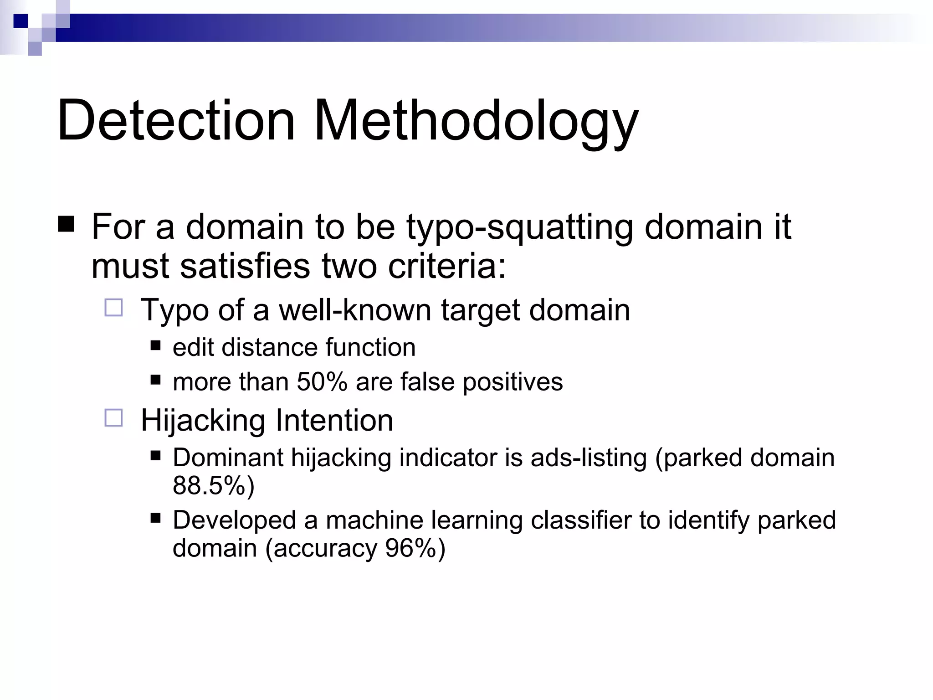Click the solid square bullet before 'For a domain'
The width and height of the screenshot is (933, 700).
coord(67,225)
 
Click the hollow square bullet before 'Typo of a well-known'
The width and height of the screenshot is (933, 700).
coord(113,308)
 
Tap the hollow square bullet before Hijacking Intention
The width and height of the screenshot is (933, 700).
coord(113,417)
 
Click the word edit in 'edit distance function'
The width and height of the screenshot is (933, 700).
coord(193,347)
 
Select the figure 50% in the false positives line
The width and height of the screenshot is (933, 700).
coord(322,381)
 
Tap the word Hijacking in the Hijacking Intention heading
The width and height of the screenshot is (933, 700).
coord(203,420)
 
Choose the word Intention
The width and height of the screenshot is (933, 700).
coord(334,420)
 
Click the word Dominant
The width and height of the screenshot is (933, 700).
coord(228,458)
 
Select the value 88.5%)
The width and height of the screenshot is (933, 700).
coord(213,485)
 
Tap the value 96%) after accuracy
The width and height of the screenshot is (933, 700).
coord(415,548)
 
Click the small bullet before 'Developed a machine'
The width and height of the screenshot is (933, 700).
coord(156,518)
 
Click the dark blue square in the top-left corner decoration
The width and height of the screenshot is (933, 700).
coord(21,21)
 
